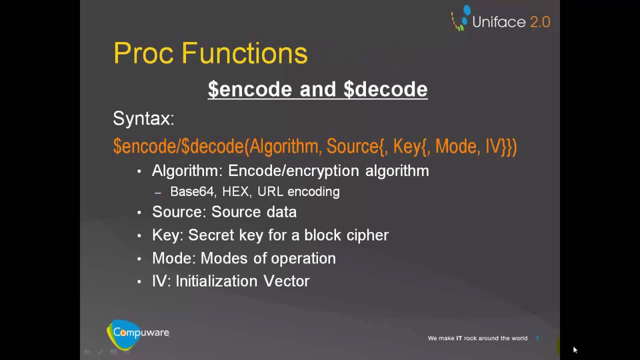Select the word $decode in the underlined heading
(385, 89)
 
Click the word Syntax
(143, 118)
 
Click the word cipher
(367, 235)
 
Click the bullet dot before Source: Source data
(139, 212)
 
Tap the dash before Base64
(158, 192)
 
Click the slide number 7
(537, 338)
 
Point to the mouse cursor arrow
(575, 350)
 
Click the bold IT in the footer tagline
(459, 338)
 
